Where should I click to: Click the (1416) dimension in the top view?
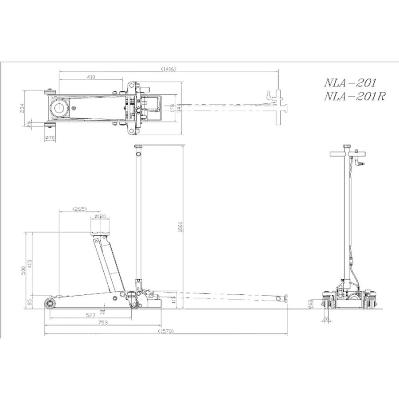pos(169,69)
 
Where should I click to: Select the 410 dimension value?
pos(91,77)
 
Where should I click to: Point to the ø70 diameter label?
pos(50,138)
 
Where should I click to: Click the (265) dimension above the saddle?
pos(81,208)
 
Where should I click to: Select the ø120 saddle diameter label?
pos(102,216)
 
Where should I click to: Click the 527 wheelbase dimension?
pos(90,315)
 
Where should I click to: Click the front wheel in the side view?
pos(49,303)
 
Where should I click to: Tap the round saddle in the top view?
pos(59,108)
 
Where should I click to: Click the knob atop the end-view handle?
pos(347,146)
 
